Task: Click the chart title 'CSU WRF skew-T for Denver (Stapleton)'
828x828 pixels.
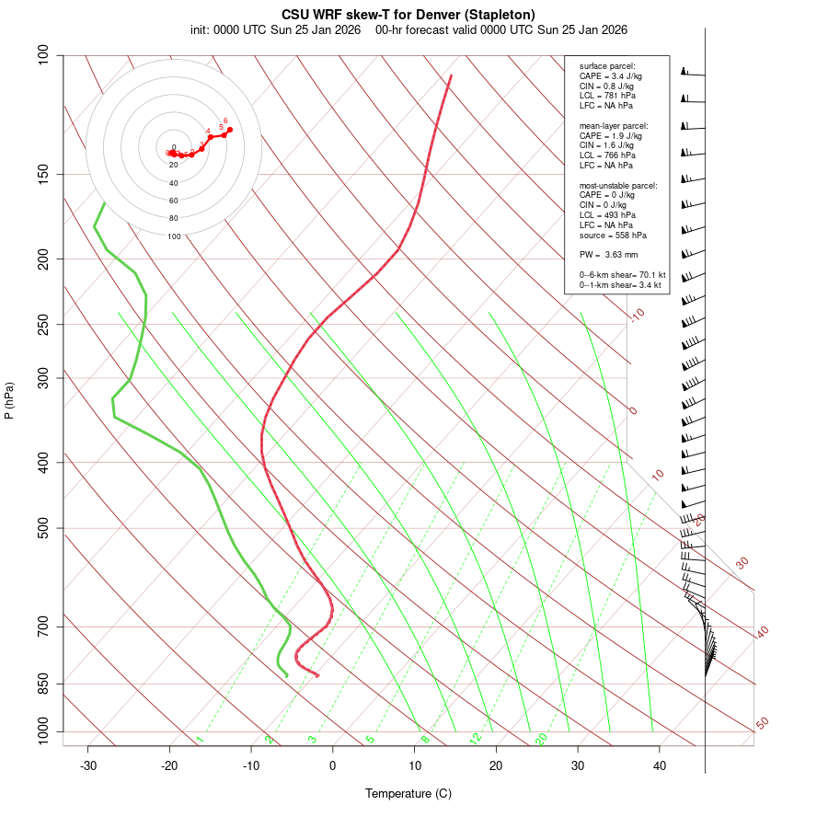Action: (x=408, y=14)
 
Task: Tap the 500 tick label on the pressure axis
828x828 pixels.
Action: (x=44, y=528)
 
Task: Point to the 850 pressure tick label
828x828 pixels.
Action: (x=44, y=684)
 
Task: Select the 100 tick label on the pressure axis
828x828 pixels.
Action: (x=44, y=55)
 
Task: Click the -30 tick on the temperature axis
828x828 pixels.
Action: (x=88, y=765)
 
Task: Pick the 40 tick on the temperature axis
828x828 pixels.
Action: (x=660, y=765)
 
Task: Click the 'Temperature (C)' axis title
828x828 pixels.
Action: (x=408, y=793)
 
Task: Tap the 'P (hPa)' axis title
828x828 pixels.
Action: (x=9, y=400)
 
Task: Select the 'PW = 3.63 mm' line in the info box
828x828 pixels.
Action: (x=608, y=254)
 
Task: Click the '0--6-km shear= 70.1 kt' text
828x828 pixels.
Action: (x=622, y=274)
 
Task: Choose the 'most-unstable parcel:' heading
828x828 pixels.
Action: (x=618, y=185)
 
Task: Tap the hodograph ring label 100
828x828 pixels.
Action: (x=174, y=236)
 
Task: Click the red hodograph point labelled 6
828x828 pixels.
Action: (x=229, y=130)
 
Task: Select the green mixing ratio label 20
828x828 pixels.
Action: (x=542, y=739)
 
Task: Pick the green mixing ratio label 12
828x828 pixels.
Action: (x=476, y=739)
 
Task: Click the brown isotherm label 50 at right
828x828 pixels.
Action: (x=762, y=724)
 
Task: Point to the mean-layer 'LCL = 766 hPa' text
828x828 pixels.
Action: (x=607, y=155)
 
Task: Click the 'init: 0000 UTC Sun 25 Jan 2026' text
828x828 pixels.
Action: (x=275, y=29)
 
